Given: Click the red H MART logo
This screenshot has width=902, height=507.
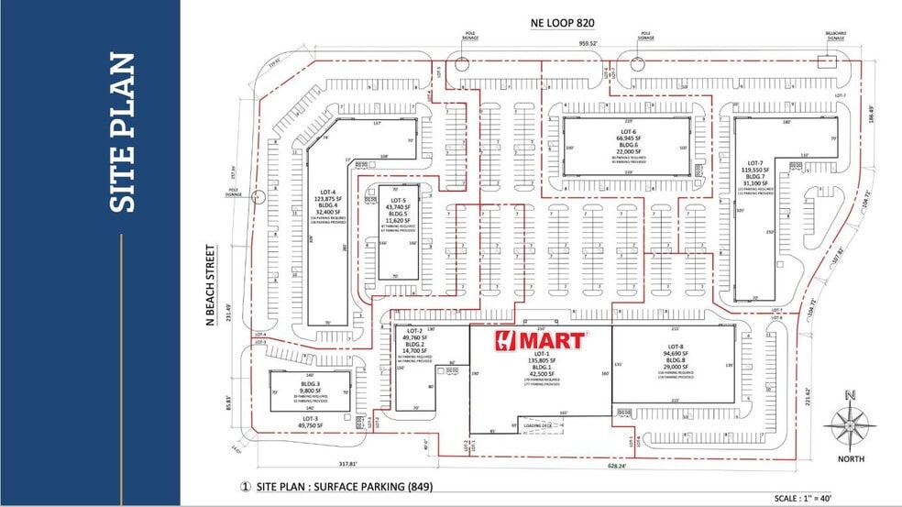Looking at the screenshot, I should (540, 340).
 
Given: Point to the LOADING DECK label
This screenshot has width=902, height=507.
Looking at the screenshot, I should (537, 425).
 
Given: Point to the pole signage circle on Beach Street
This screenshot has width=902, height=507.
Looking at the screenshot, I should (259, 195).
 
